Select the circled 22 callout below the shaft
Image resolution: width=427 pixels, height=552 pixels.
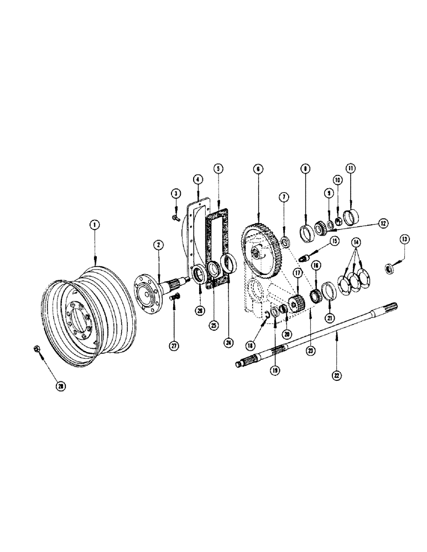[337, 375]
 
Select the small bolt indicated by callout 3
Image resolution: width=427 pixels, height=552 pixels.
[175, 219]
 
